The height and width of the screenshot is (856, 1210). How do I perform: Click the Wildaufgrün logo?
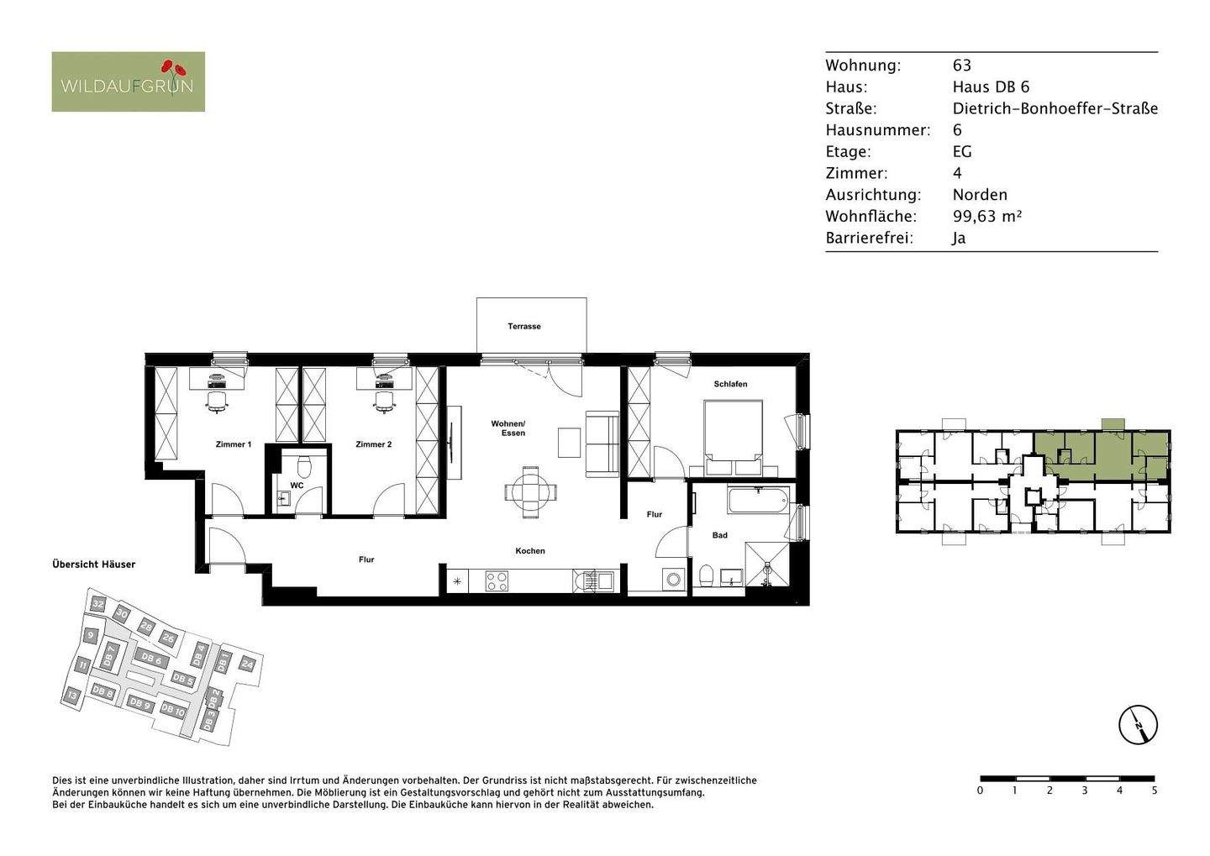(x=128, y=81)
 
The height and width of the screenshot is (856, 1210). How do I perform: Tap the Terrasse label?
(x=523, y=326)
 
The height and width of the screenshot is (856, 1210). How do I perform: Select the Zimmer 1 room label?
(x=233, y=444)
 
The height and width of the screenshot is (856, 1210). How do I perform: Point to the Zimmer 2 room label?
(x=373, y=444)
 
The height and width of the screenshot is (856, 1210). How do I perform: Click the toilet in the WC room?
(x=304, y=465)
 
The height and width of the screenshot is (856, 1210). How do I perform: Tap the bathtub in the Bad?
(x=758, y=502)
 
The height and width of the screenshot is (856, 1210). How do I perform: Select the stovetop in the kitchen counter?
(x=497, y=580)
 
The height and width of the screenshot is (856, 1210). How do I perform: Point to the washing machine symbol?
(x=672, y=579)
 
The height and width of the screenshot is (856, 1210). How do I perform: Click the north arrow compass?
(x=1138, y=724)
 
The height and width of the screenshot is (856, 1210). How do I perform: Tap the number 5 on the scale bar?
(x=1154, y=790)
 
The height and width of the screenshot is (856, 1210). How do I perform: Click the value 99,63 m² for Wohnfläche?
(x=986, y=216)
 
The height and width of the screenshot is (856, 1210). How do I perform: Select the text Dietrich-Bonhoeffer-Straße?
(x=1055, y=108)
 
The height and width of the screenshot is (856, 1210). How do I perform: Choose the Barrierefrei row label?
(x=868, y=238)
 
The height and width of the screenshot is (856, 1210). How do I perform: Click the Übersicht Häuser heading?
(x=93, y=565)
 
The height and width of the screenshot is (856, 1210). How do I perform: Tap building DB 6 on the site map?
(x=151, y=659)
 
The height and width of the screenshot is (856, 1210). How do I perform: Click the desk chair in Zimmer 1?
(x=217, y=402)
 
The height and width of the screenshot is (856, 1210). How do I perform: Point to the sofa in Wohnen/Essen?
(x=602, y=443)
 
